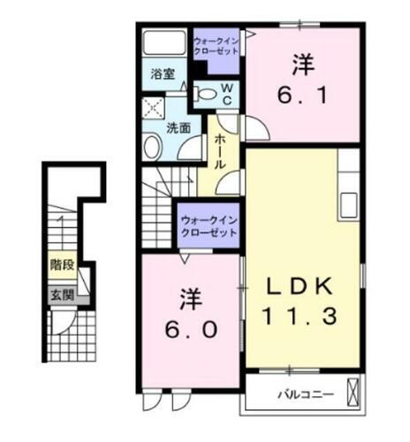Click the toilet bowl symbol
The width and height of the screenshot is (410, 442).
tap(203, 93)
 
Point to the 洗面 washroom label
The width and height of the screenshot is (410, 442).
tap(178, 126)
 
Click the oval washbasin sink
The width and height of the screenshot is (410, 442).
tap(151, 147)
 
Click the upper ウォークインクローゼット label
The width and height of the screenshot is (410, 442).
tap(216, 46)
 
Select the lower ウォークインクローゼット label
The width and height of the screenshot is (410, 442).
tap(209, 225)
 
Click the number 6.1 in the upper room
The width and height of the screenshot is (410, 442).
tap(303, 92)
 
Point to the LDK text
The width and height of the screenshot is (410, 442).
tap(301, 287)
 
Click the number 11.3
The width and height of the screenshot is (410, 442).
tap(301, 315)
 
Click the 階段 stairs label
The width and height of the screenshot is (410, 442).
tap(61, 264)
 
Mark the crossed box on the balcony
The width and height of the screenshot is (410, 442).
tap(354, 391)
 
